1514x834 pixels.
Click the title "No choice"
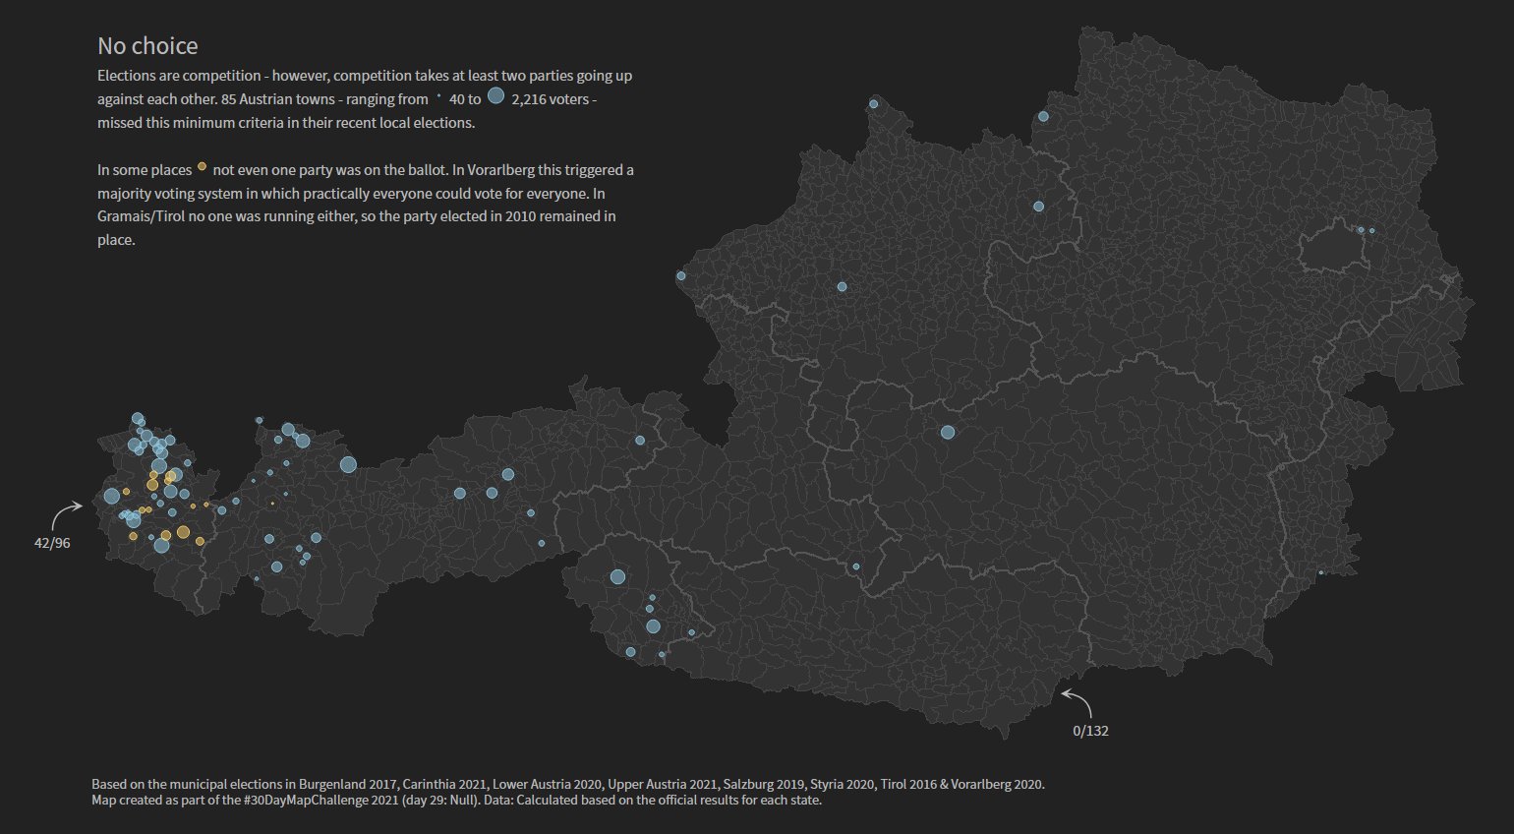(147, 46)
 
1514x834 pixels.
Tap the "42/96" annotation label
(52, 543)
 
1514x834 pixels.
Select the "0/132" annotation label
(1090, 731)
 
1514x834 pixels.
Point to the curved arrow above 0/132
(1077, 701)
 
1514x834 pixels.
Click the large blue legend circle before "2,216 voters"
(495, 96)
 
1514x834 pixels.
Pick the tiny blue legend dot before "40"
(438, 97)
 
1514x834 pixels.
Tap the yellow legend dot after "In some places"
(202, 167)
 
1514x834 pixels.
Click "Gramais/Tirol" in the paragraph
(141, 216)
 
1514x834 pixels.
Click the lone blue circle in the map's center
(947, 433)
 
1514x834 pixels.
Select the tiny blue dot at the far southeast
(1320, 572)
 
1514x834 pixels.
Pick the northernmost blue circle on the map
(873, 104)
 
